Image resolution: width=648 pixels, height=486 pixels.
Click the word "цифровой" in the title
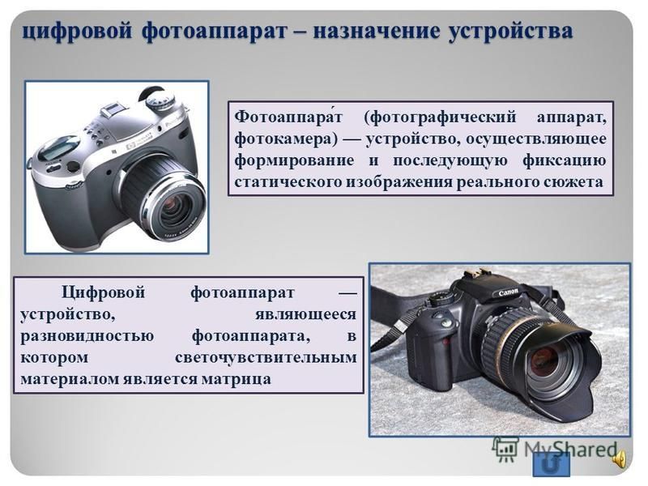(x=77, y=32)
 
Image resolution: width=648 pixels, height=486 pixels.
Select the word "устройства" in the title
(x=511, y=32)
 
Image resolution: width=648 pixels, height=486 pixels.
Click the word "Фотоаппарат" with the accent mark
(x=288, y=117)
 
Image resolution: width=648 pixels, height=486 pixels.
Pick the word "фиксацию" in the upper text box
(x=564, y=160)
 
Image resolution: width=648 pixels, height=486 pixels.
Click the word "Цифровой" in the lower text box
(x=104, y=293)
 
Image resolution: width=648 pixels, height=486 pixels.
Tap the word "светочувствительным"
(x=266, y=357)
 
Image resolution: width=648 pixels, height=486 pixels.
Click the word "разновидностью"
(x=87, y=336)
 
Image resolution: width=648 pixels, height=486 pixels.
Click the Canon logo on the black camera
(x=508, y=292)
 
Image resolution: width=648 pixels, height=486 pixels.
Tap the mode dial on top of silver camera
(x=160, y=100)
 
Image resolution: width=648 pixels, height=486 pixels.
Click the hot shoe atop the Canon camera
(x=474, y=276)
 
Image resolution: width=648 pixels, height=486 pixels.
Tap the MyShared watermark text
(x=570, y=449)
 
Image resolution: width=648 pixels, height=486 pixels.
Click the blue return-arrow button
(x=552, y=464)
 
